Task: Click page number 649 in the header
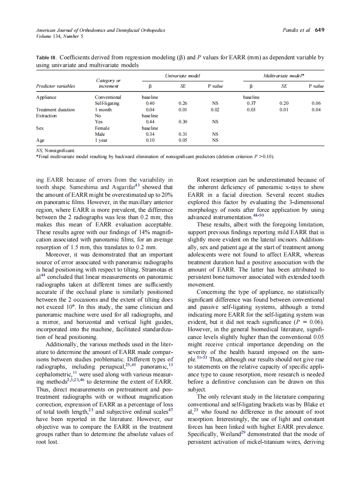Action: pos(319,30)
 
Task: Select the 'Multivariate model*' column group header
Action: pos(284,76)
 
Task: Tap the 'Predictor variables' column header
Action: pos(55,86)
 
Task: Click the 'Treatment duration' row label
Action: pos(55,110)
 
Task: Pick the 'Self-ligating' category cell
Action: pos(107,104)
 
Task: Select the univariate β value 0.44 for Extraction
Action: pos(150,122)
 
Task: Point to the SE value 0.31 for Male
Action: pos(183,134)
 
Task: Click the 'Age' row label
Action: pos(40,140)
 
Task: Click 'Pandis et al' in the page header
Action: pos(296,30)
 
